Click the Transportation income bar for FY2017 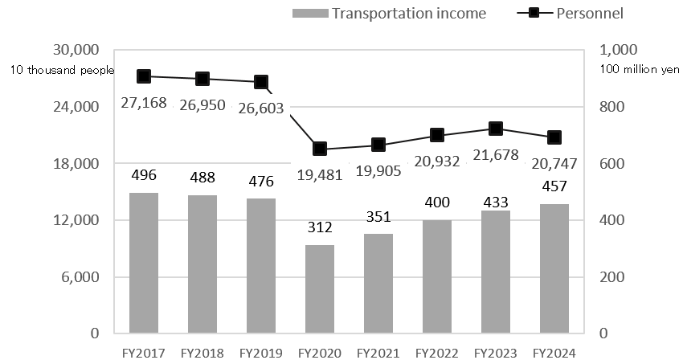144,263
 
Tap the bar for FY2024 554,268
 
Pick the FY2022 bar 437,276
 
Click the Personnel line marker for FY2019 261,82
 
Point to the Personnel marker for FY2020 320,149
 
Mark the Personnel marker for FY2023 496,129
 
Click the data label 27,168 144,104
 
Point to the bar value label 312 320,228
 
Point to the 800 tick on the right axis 615,107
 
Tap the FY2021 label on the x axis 378,352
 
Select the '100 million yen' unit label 640,70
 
